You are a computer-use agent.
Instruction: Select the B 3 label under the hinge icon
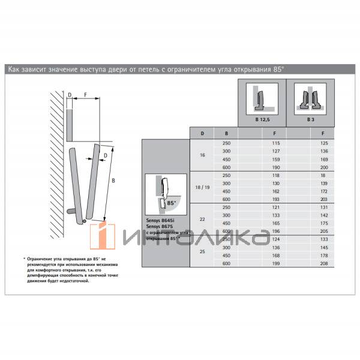[310, 120]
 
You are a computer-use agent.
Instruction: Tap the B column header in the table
[226, 133]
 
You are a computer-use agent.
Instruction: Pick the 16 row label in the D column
[202, 155]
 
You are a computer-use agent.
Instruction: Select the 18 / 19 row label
[202, 188]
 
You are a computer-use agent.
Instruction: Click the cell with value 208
[324, 264]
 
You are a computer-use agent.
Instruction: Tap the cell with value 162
[276, 191]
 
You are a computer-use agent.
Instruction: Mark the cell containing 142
[324, 215]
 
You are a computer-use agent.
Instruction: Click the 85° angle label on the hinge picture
[172, 203]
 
